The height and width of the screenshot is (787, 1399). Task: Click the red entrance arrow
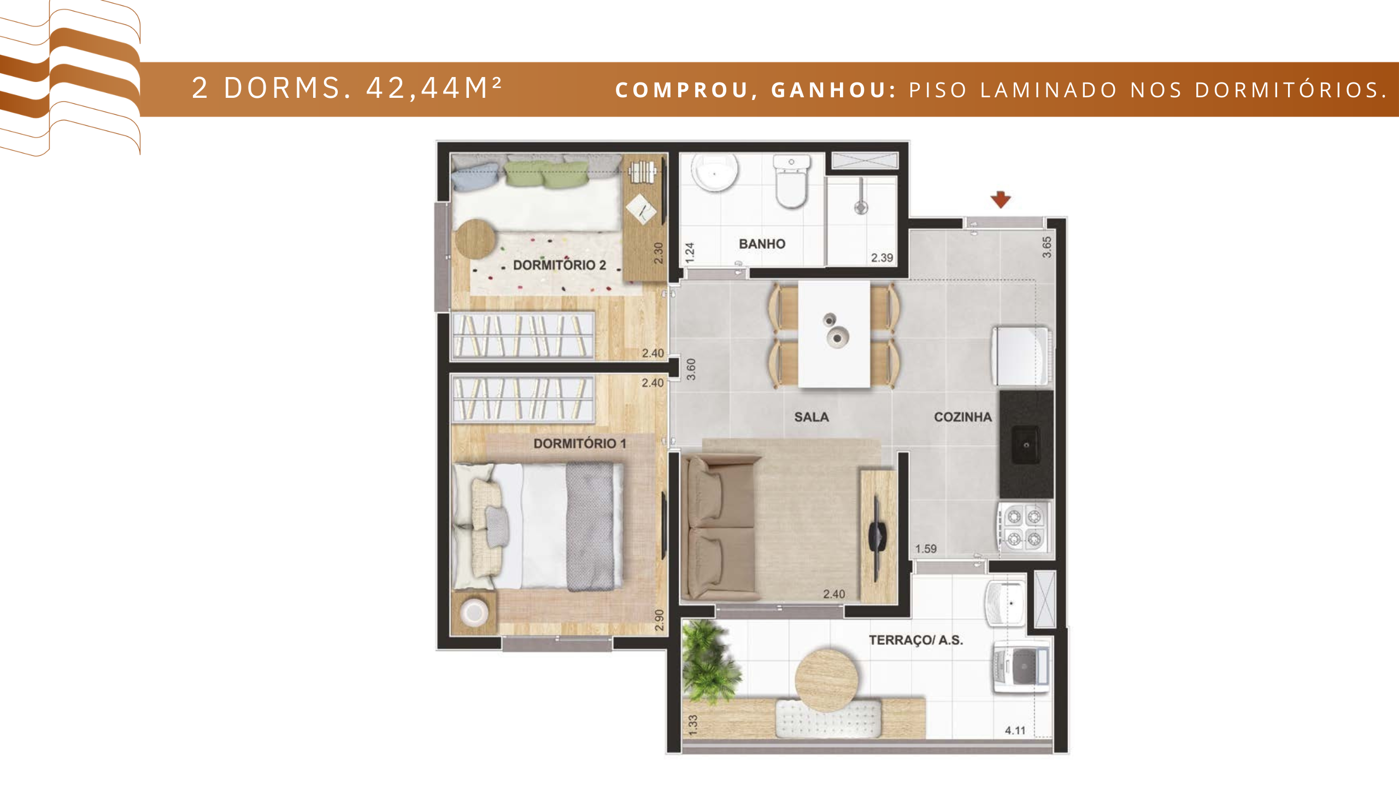1001,199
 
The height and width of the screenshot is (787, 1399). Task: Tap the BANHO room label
762,244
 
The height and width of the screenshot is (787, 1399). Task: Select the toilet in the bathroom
791,181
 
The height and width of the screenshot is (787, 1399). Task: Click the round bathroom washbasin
714,172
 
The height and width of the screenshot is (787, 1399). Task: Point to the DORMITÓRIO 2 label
560,265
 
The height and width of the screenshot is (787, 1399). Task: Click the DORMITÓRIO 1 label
580,443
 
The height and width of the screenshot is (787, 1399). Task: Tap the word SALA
812,417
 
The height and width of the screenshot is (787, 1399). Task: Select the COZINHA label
963,417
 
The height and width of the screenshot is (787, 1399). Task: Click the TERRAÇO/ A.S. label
916,640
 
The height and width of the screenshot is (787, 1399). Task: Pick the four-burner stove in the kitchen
1024,527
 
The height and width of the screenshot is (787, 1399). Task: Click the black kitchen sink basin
1026,445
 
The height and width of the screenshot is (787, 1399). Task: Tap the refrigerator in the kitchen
1021,356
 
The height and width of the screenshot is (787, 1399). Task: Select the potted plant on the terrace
709,662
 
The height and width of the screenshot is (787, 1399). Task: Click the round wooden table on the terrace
826,680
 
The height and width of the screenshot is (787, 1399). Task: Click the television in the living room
877,538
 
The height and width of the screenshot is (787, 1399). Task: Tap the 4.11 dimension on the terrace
1015,730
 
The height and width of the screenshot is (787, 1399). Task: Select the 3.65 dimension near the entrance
1047,247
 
